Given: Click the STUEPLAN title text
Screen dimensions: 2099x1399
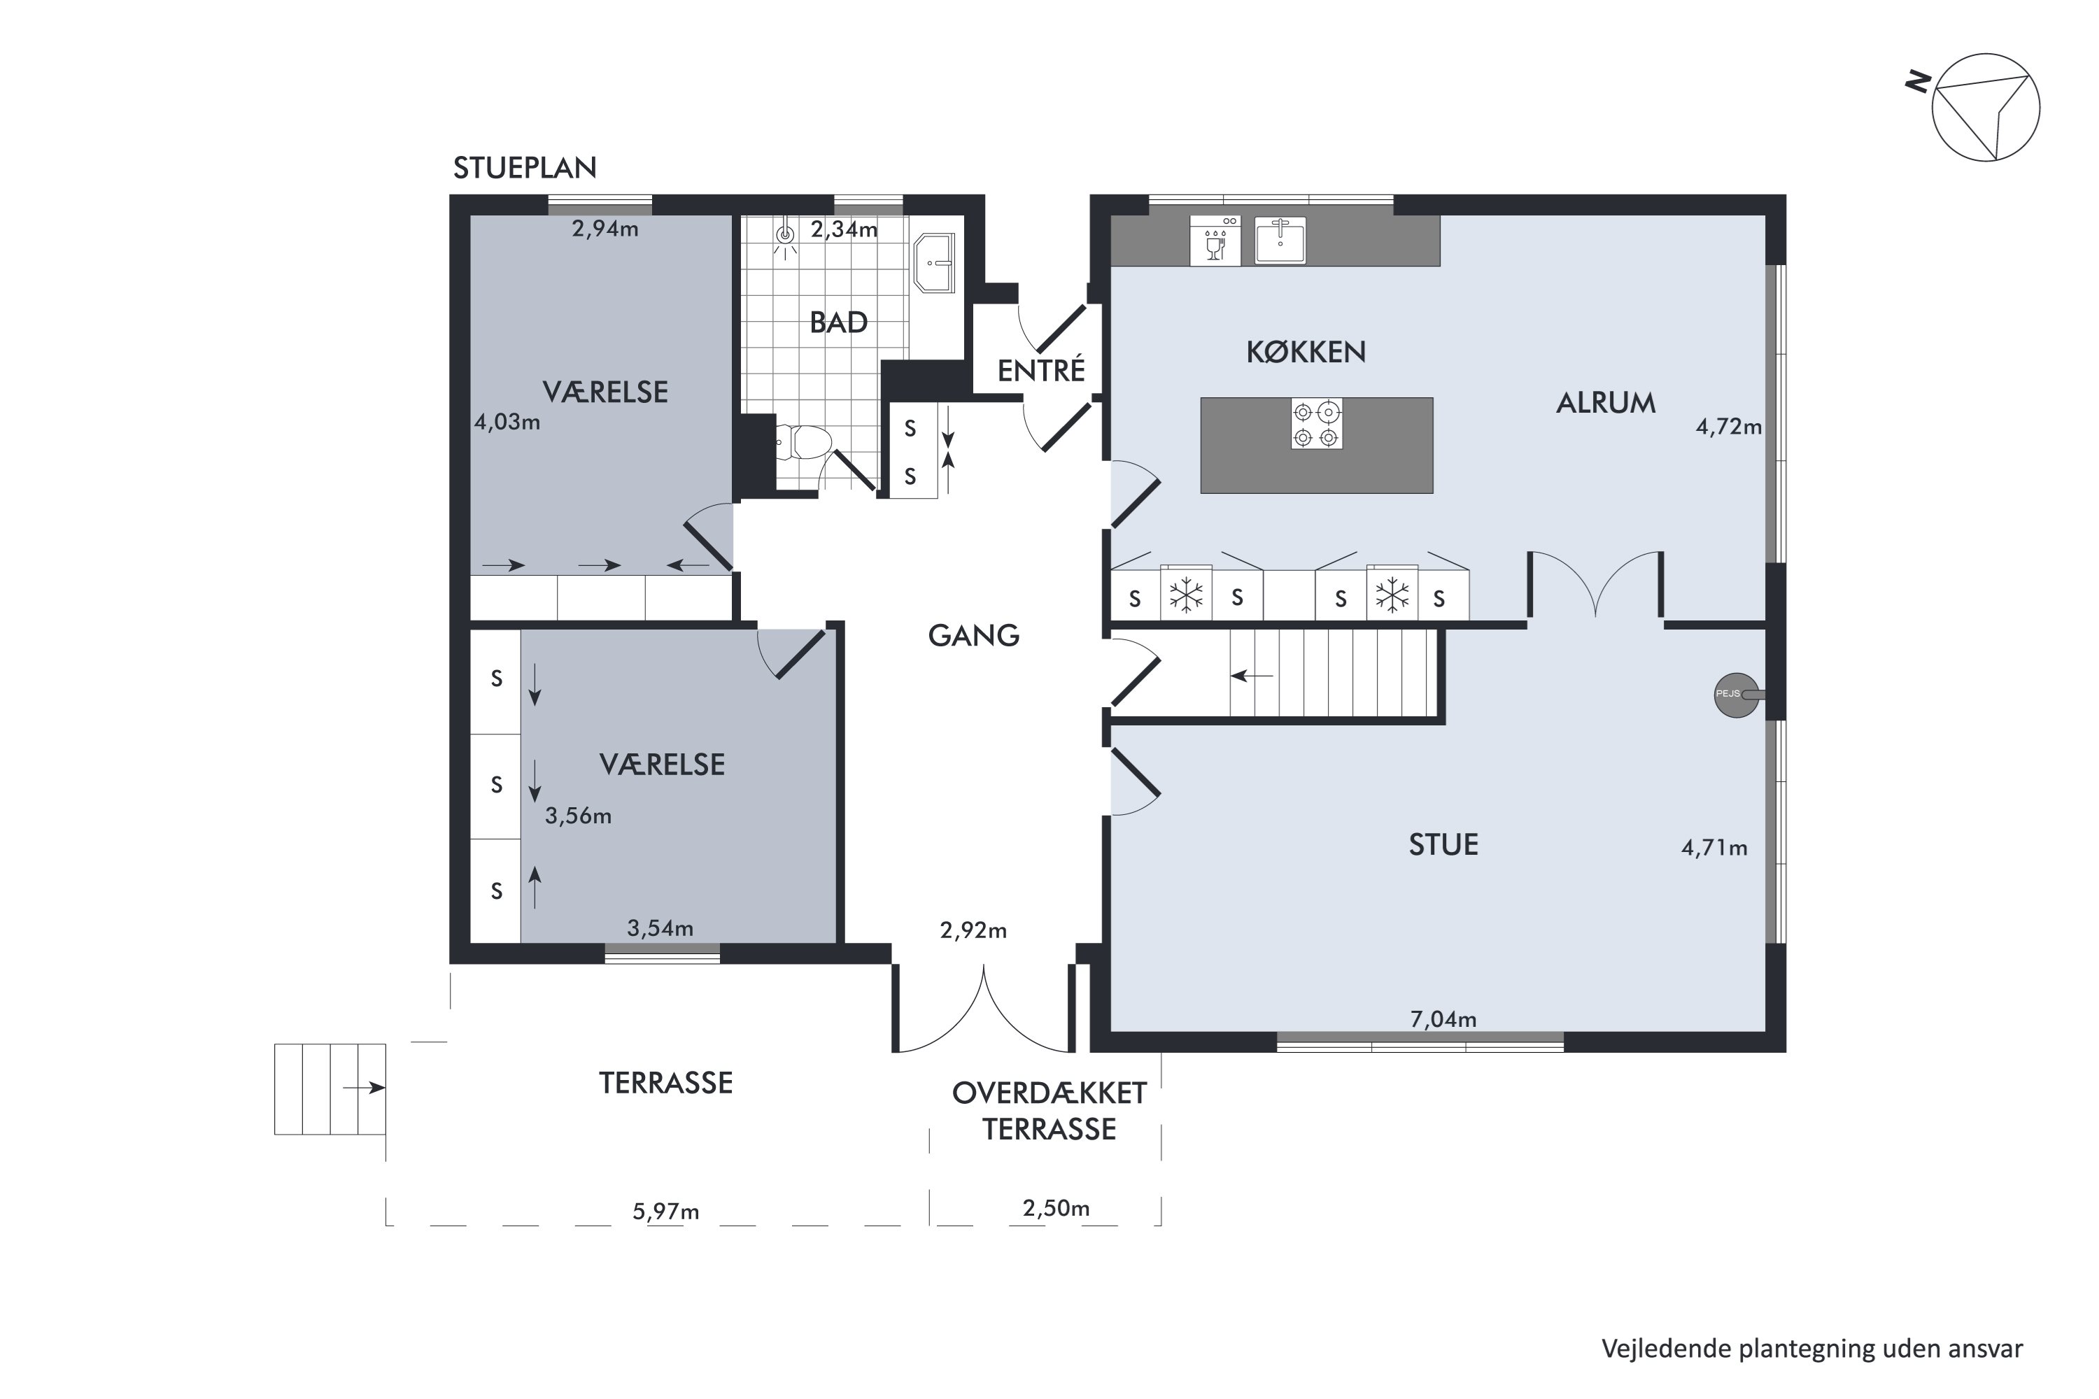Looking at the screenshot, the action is tap(525, 168).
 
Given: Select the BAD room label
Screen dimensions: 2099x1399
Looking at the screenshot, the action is tap(838, 322).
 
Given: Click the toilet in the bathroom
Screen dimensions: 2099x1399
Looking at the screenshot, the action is tap(803, 441).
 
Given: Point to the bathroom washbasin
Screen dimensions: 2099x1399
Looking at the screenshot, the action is tap(934, 262).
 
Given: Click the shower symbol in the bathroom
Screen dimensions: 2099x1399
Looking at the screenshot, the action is tap(785, 236).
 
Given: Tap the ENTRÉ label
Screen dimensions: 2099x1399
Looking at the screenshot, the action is tap(1040, 370).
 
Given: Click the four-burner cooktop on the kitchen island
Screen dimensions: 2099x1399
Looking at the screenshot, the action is tap(1316, 424).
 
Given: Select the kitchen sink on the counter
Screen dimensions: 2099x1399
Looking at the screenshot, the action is tap(1280, 240).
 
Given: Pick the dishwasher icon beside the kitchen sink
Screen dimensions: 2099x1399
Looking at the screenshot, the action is tap(1215, 240).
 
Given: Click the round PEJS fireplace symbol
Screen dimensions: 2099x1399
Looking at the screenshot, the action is tap(1737, 694).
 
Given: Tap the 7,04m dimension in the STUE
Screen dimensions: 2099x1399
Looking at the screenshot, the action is tap(1443, 1019).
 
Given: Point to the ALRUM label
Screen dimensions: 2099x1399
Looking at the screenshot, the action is tap(1606, 404).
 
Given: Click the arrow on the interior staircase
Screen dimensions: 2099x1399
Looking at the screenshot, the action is tap(1252, 676).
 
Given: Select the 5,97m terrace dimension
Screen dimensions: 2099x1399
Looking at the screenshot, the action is tap(666, 1212).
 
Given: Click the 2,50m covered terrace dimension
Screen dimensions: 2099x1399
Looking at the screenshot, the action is tap(1056, 1208).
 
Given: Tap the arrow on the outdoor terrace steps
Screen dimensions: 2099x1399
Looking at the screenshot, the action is tap(364, 1088).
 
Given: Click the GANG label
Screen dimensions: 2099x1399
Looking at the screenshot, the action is tap(974, 635).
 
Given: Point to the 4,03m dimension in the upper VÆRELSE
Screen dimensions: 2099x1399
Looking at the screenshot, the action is tap(507, 422).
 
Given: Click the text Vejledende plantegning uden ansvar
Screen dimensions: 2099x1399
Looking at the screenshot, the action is tap(1811, 1349).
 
